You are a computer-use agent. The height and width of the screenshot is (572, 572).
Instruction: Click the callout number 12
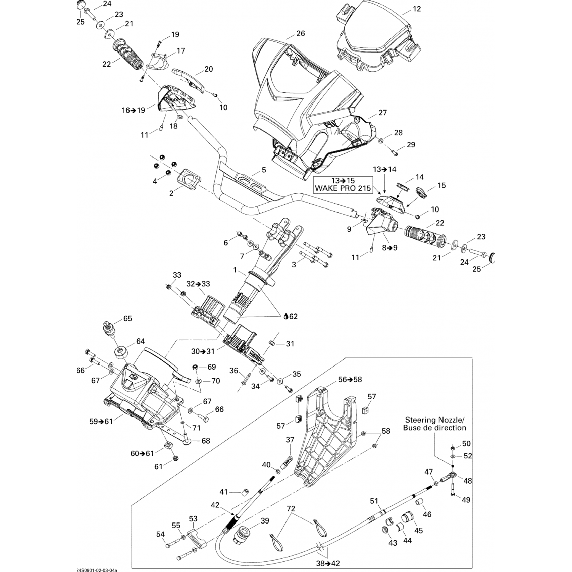click(417, 8)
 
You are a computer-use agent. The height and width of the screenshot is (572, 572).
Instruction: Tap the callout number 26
click(300, 34)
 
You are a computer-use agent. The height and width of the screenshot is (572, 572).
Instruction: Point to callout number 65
click(127, 318)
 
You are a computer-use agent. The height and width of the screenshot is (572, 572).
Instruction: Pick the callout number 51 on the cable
click(374, 500)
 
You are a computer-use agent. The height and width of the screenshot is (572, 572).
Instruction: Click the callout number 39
click(265, 521)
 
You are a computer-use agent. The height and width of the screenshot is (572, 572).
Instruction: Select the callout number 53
click(193, 519)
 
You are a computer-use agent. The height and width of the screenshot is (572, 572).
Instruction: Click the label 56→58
click(350, 379)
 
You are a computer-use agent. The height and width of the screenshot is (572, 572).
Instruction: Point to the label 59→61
click(101, 421)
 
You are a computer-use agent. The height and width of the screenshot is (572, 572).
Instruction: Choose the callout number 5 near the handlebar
click(264, 170)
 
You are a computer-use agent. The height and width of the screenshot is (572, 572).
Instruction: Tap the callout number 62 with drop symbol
click(291, 316)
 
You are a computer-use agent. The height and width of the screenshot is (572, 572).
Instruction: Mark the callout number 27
click(382, 112)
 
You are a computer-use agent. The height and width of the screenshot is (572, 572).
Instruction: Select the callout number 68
click(206, 441)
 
